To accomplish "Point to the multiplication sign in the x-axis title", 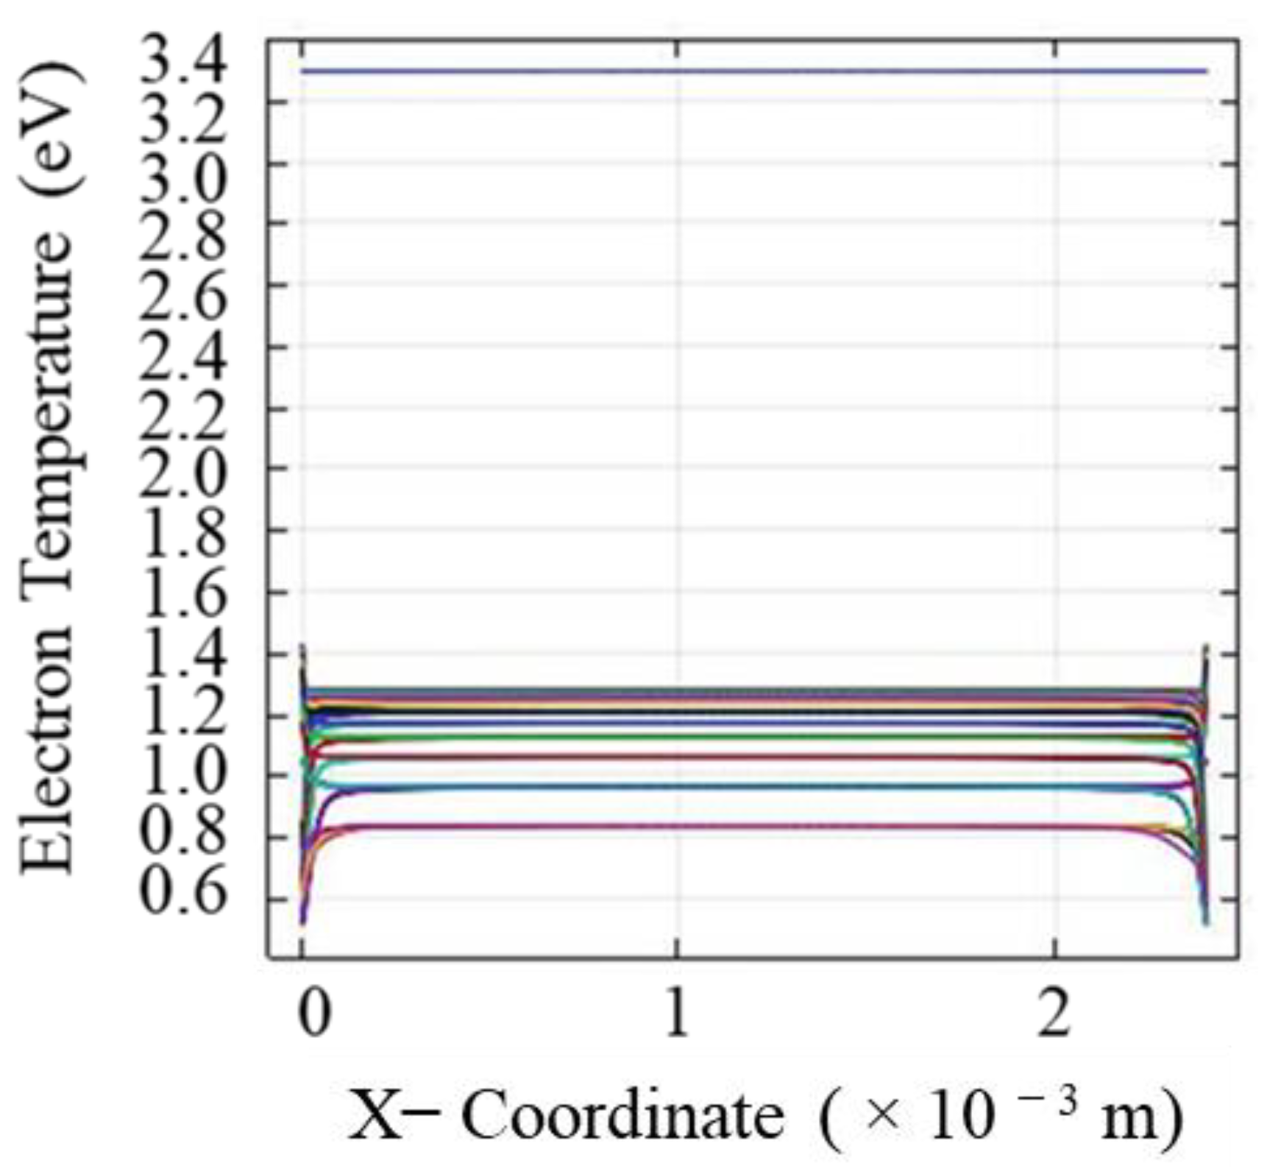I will point(883,1117).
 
